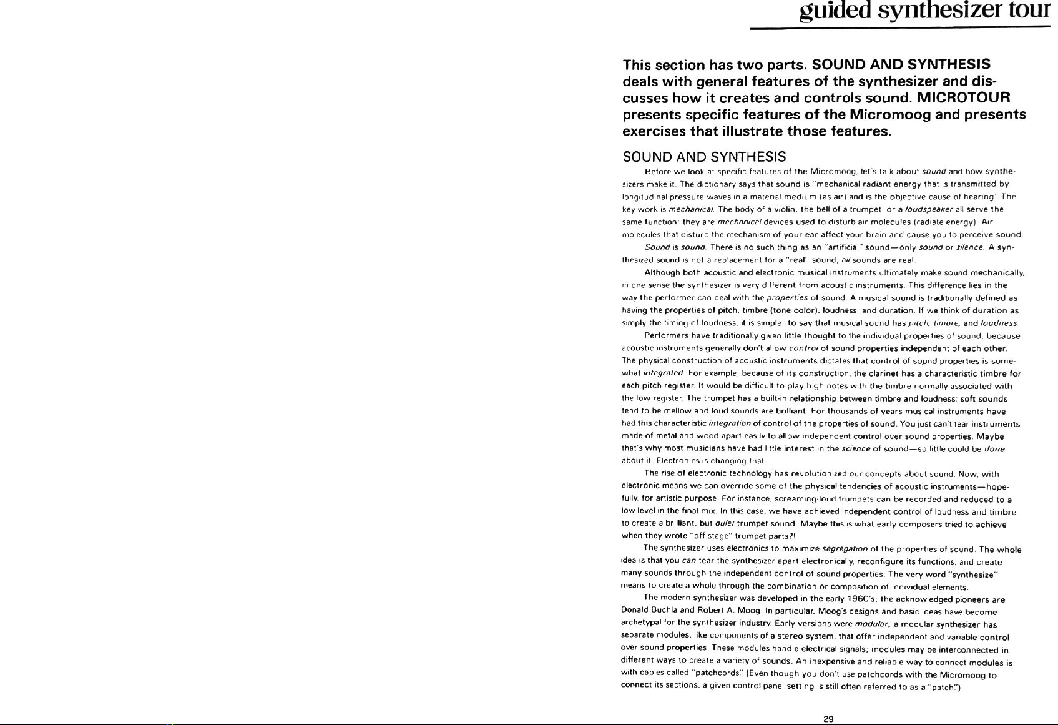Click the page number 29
tap(828, 719)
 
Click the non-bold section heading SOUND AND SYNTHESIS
tap(704, 157)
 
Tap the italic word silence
tap(969, 247)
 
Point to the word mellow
tap(670, 411)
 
